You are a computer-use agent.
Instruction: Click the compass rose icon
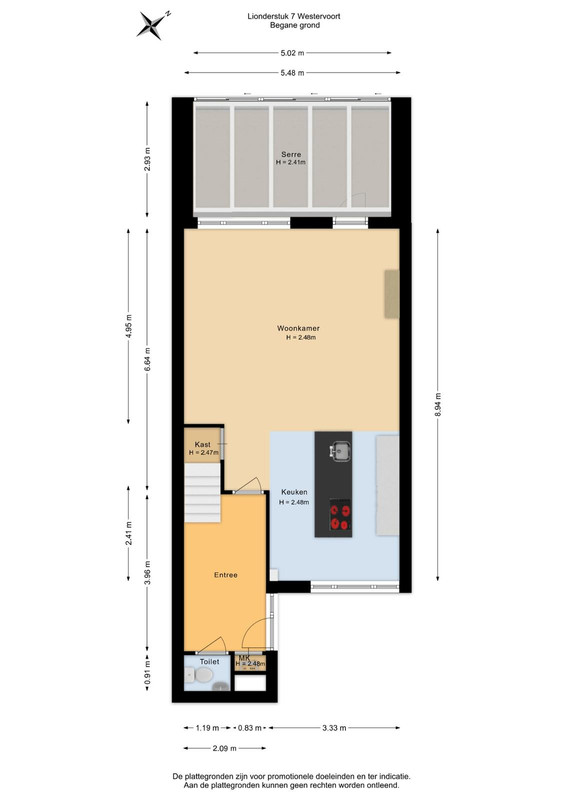pyautogui.click(x=153, y=24)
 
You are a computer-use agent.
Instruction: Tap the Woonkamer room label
pyautogui.click(x=299, y=329)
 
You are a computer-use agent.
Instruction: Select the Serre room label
pyautogui.click(x=291, y=154)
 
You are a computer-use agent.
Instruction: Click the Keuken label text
pyautogui.click(x=294, y=492)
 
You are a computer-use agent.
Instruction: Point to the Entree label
pyautogui.click(x=226, y=575)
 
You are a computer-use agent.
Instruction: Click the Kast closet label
pyautogui.click(x=203, y=445)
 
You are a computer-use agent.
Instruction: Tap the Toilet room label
pyautogui.click(x=209, y=662)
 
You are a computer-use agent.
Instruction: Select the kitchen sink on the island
pyautogui.click(x=340, y=452)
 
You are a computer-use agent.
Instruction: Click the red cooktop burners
pyautogui.click(x=340, y=516)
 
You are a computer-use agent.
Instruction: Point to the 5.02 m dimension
pyautogui.click(x=292, y=53)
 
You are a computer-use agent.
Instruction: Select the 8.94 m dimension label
pyautogui.click(x=438, y=405)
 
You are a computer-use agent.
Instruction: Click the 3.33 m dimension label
pyautogui.click(x=334, y=728)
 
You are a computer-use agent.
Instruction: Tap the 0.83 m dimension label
pyautogui.click(x=250, y=728)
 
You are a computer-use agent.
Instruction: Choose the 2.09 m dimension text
pyautogui.click(x=225, y=748)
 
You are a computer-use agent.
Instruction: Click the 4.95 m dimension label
pyautogui.click(x=129, y=327)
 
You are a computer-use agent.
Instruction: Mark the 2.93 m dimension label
pyautogui.click(x=147, y=159)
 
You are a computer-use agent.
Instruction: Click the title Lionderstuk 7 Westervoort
pyautogui.click(x=294, y=16)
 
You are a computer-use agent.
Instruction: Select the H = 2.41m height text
pyautogui.click(x=291, y=162)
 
